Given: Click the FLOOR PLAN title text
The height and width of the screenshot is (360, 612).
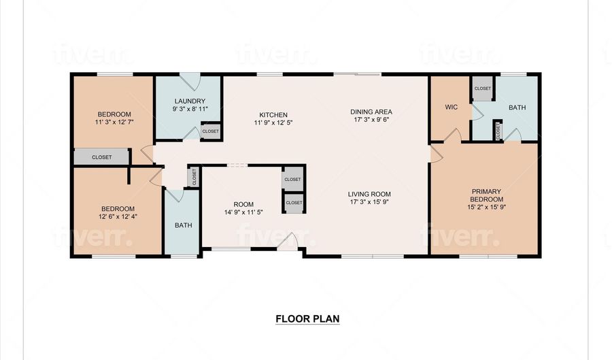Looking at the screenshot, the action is click(x=307, y=318).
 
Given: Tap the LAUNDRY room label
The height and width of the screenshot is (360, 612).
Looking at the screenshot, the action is click(x=190, y=101).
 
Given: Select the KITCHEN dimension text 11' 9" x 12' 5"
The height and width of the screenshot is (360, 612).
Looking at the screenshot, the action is click(x=273, y=122).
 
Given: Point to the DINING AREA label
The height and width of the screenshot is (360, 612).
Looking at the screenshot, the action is click(x=371, y=112).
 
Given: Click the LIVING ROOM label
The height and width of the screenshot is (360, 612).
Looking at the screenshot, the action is click(x=369, y=194).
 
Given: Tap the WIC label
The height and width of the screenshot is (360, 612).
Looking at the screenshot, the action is click(x=452, y=107).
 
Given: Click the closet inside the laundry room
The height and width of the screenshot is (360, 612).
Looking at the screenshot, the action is click(x=211, y=131).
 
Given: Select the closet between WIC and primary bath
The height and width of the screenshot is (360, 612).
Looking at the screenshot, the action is click(x=482, y=88).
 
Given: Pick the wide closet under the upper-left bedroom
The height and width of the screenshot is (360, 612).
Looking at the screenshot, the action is click(x=101, y=157).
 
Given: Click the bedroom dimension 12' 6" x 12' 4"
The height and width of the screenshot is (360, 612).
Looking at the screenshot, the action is click(x=118, y=216).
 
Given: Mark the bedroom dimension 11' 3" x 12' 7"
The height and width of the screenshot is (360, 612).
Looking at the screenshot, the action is click(x=114, y=122).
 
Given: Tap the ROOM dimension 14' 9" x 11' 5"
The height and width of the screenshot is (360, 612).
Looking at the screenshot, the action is click(x=243, y=212).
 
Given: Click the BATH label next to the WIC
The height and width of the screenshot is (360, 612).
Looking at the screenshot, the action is click(x=517, y=108).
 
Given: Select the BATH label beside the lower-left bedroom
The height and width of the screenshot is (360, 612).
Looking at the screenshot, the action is click(x=184, y=225).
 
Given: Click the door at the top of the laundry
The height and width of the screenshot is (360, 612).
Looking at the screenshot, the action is click(x=190, y=82).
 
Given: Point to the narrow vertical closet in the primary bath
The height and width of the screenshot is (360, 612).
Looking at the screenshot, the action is click(x=498, y=131).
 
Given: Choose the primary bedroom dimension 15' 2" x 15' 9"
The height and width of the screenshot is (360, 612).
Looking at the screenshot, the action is click(x=486, y=207).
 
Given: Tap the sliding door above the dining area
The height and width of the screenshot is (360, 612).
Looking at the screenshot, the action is click(x=357, y=73).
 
